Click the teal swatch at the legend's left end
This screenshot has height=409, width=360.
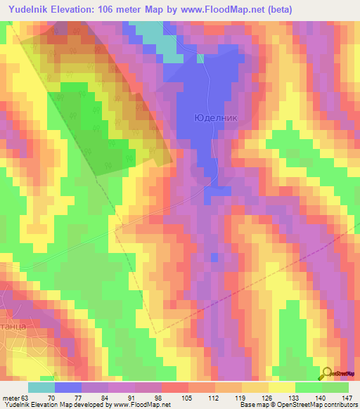point(41,387)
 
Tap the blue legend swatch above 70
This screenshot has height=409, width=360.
point(67,387)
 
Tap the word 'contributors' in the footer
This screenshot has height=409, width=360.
point(342,405)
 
